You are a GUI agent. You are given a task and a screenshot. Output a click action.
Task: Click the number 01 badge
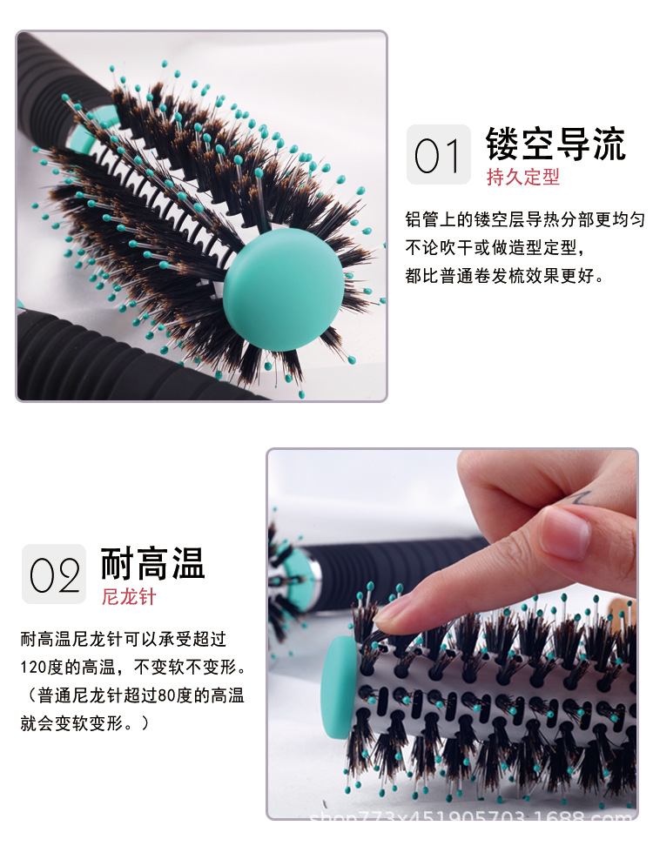[438, 155]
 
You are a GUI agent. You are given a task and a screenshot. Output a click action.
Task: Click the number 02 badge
[54, 574]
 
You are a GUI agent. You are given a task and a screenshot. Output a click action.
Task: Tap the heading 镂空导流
[555, 144]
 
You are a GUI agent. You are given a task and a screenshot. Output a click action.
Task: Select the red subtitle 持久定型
[522, 178]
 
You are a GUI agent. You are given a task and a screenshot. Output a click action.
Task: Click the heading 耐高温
[152, 563]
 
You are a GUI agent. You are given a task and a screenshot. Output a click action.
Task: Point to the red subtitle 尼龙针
[129, 597]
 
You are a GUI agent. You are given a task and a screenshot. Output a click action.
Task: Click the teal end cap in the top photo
[283, 279]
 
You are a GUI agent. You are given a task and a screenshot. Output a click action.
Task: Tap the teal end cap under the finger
[338, 679]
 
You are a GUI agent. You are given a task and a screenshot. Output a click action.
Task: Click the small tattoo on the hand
[582, 499]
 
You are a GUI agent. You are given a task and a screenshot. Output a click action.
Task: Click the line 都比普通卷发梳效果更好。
[504, 276]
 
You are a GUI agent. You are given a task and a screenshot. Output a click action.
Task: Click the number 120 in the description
[36, 668]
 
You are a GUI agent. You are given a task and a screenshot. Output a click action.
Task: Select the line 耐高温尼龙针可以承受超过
[123, 640]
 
